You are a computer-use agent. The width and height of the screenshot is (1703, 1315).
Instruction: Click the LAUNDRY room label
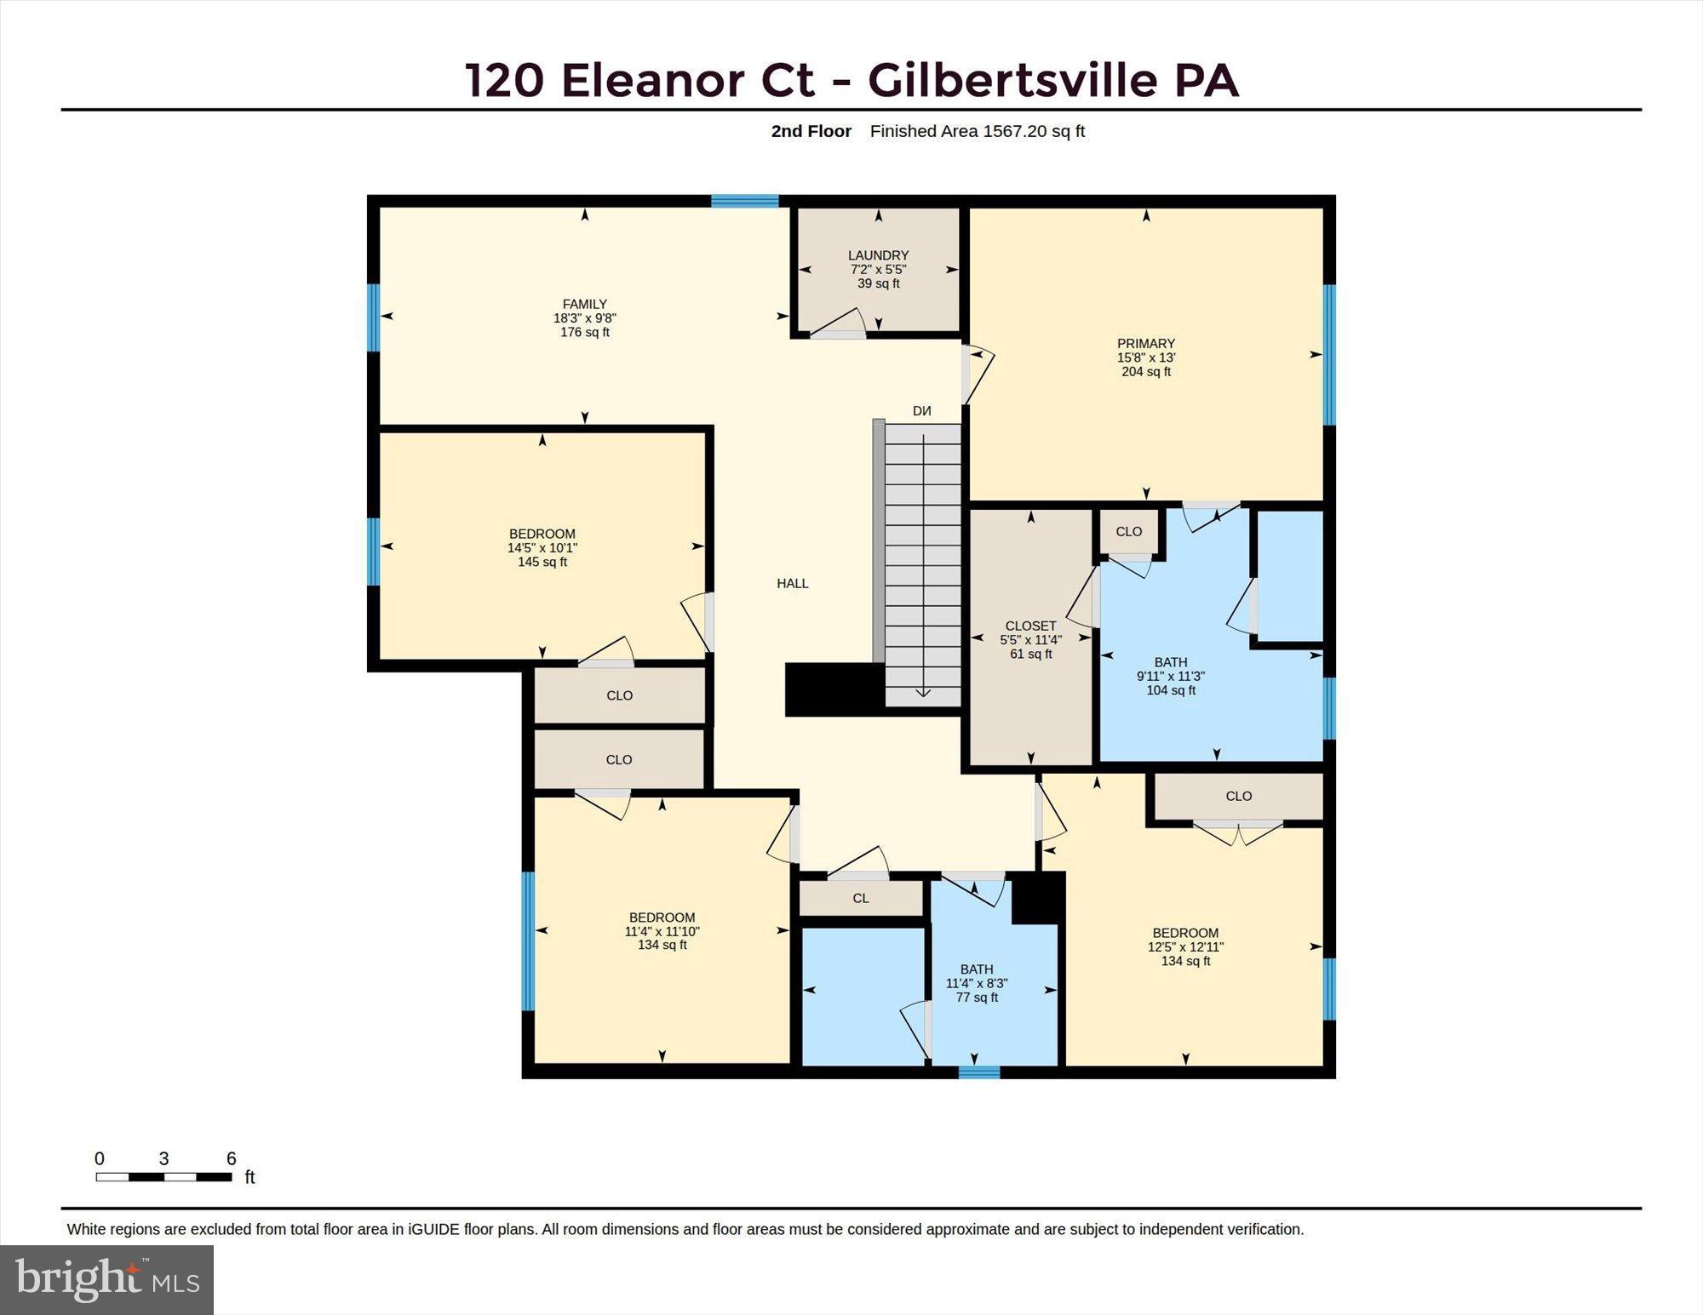pyautogui.click(x=878, y=269)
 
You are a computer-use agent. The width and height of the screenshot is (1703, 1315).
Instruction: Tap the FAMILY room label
pyautogui.click(x=585, y=317)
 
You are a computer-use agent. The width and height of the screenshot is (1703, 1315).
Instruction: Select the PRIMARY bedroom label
pyautogui.click(x=1146, y=357)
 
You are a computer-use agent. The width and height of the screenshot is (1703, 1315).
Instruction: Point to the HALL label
pyautogui.click(x=793, y=583)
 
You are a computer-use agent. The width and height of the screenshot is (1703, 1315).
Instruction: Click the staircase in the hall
pyautogui.click(x=923, y=565)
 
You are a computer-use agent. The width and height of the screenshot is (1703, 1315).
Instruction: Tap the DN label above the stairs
pyautogui.click(x=922, y=411)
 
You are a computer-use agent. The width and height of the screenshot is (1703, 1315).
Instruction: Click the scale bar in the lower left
pyautogui.click(x=163, y=1177)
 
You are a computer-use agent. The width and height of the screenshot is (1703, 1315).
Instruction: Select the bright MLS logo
pyautogui.click(x=106, y=1279)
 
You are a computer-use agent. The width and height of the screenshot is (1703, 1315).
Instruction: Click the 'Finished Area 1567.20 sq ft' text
pyautogui.click(x=978, y=131)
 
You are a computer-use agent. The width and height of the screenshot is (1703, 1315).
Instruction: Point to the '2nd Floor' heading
pyautogui.click(x=811, y=131)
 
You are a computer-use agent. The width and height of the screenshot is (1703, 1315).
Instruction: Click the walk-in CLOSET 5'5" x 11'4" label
pyautogui.click(x=1031, y=640)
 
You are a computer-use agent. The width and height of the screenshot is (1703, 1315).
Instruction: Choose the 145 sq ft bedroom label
pyautogui.click(x=542, y=548)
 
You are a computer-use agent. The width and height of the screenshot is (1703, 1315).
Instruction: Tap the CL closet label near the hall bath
pyautogui.click(x=861, y=898)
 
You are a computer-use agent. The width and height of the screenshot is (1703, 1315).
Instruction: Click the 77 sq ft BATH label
pyautogui.click(x=977, y=983)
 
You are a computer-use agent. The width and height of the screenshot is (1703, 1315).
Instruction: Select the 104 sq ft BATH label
pyautogui.click(x=1171, y=676)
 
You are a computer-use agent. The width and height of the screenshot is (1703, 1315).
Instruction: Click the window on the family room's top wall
pyautogui.click(x=745, y=201)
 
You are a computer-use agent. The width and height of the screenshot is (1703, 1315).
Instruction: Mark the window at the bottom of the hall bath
pyautogui.click(x=979, y=1072)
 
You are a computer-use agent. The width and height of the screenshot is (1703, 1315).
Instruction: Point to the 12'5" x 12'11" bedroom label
pyautogui.click(x=1185, y=946)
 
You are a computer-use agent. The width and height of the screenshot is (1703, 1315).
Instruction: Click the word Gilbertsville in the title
pyautogui.click(x=1012, y=80)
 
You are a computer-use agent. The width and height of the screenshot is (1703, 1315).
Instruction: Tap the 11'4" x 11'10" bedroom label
pyautogui.click(x=662, y=931)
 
